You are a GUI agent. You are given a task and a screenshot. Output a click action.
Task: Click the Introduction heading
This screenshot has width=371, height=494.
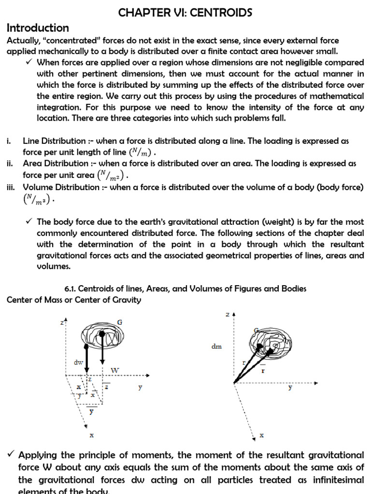tap(38, 27)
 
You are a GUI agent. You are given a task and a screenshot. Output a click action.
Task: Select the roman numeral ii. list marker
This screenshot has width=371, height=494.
tap(10, 164)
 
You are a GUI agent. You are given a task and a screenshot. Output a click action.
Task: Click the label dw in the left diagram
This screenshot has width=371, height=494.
tap(78, 361)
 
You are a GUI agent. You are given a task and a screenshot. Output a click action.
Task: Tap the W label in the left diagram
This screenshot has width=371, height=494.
tap(115, 370)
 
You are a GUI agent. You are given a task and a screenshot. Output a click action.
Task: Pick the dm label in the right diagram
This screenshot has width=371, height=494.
tap(216, 346)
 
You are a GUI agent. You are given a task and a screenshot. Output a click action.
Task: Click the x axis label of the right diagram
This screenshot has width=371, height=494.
tap(262, 435)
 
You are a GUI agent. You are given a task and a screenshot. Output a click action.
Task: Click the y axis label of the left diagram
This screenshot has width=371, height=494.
tap(140, 387)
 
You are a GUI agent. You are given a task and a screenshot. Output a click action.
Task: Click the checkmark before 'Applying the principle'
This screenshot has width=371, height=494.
tap(11, 455)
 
